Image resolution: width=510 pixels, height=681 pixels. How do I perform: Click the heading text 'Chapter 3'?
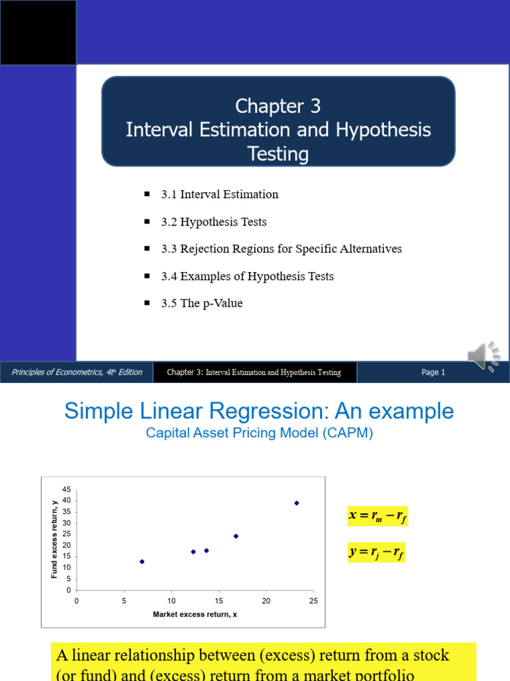click(278, 106)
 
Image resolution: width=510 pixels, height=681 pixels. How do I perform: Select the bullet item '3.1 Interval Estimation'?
click(219, 194)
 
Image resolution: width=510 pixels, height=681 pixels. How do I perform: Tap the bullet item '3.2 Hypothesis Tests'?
click(213, 221)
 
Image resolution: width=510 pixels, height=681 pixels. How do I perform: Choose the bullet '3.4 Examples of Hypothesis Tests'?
click(247, 276)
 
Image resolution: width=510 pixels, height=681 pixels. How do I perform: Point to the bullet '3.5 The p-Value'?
click(201, 303)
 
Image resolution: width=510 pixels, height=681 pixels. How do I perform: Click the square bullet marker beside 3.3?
click(147, 248)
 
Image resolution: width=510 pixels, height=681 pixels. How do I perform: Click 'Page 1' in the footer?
click(433, 372)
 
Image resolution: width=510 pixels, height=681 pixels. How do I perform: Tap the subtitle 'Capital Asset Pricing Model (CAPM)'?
click(259, 433)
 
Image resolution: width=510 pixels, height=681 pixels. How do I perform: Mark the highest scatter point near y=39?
click(296, 503)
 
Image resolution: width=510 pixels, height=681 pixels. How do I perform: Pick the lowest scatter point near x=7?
click(141, 561)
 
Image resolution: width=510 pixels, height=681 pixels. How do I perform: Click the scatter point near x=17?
click(236, 536)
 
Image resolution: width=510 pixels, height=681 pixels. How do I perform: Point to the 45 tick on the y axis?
click(66, 489)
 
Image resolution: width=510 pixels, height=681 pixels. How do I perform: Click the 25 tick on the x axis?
click(313, 601)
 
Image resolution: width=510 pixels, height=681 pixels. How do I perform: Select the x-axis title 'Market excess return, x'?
click(195, 614)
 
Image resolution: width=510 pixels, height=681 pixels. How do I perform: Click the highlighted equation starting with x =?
click(377, 516)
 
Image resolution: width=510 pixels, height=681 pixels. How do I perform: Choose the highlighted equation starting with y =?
click(376, 552)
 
